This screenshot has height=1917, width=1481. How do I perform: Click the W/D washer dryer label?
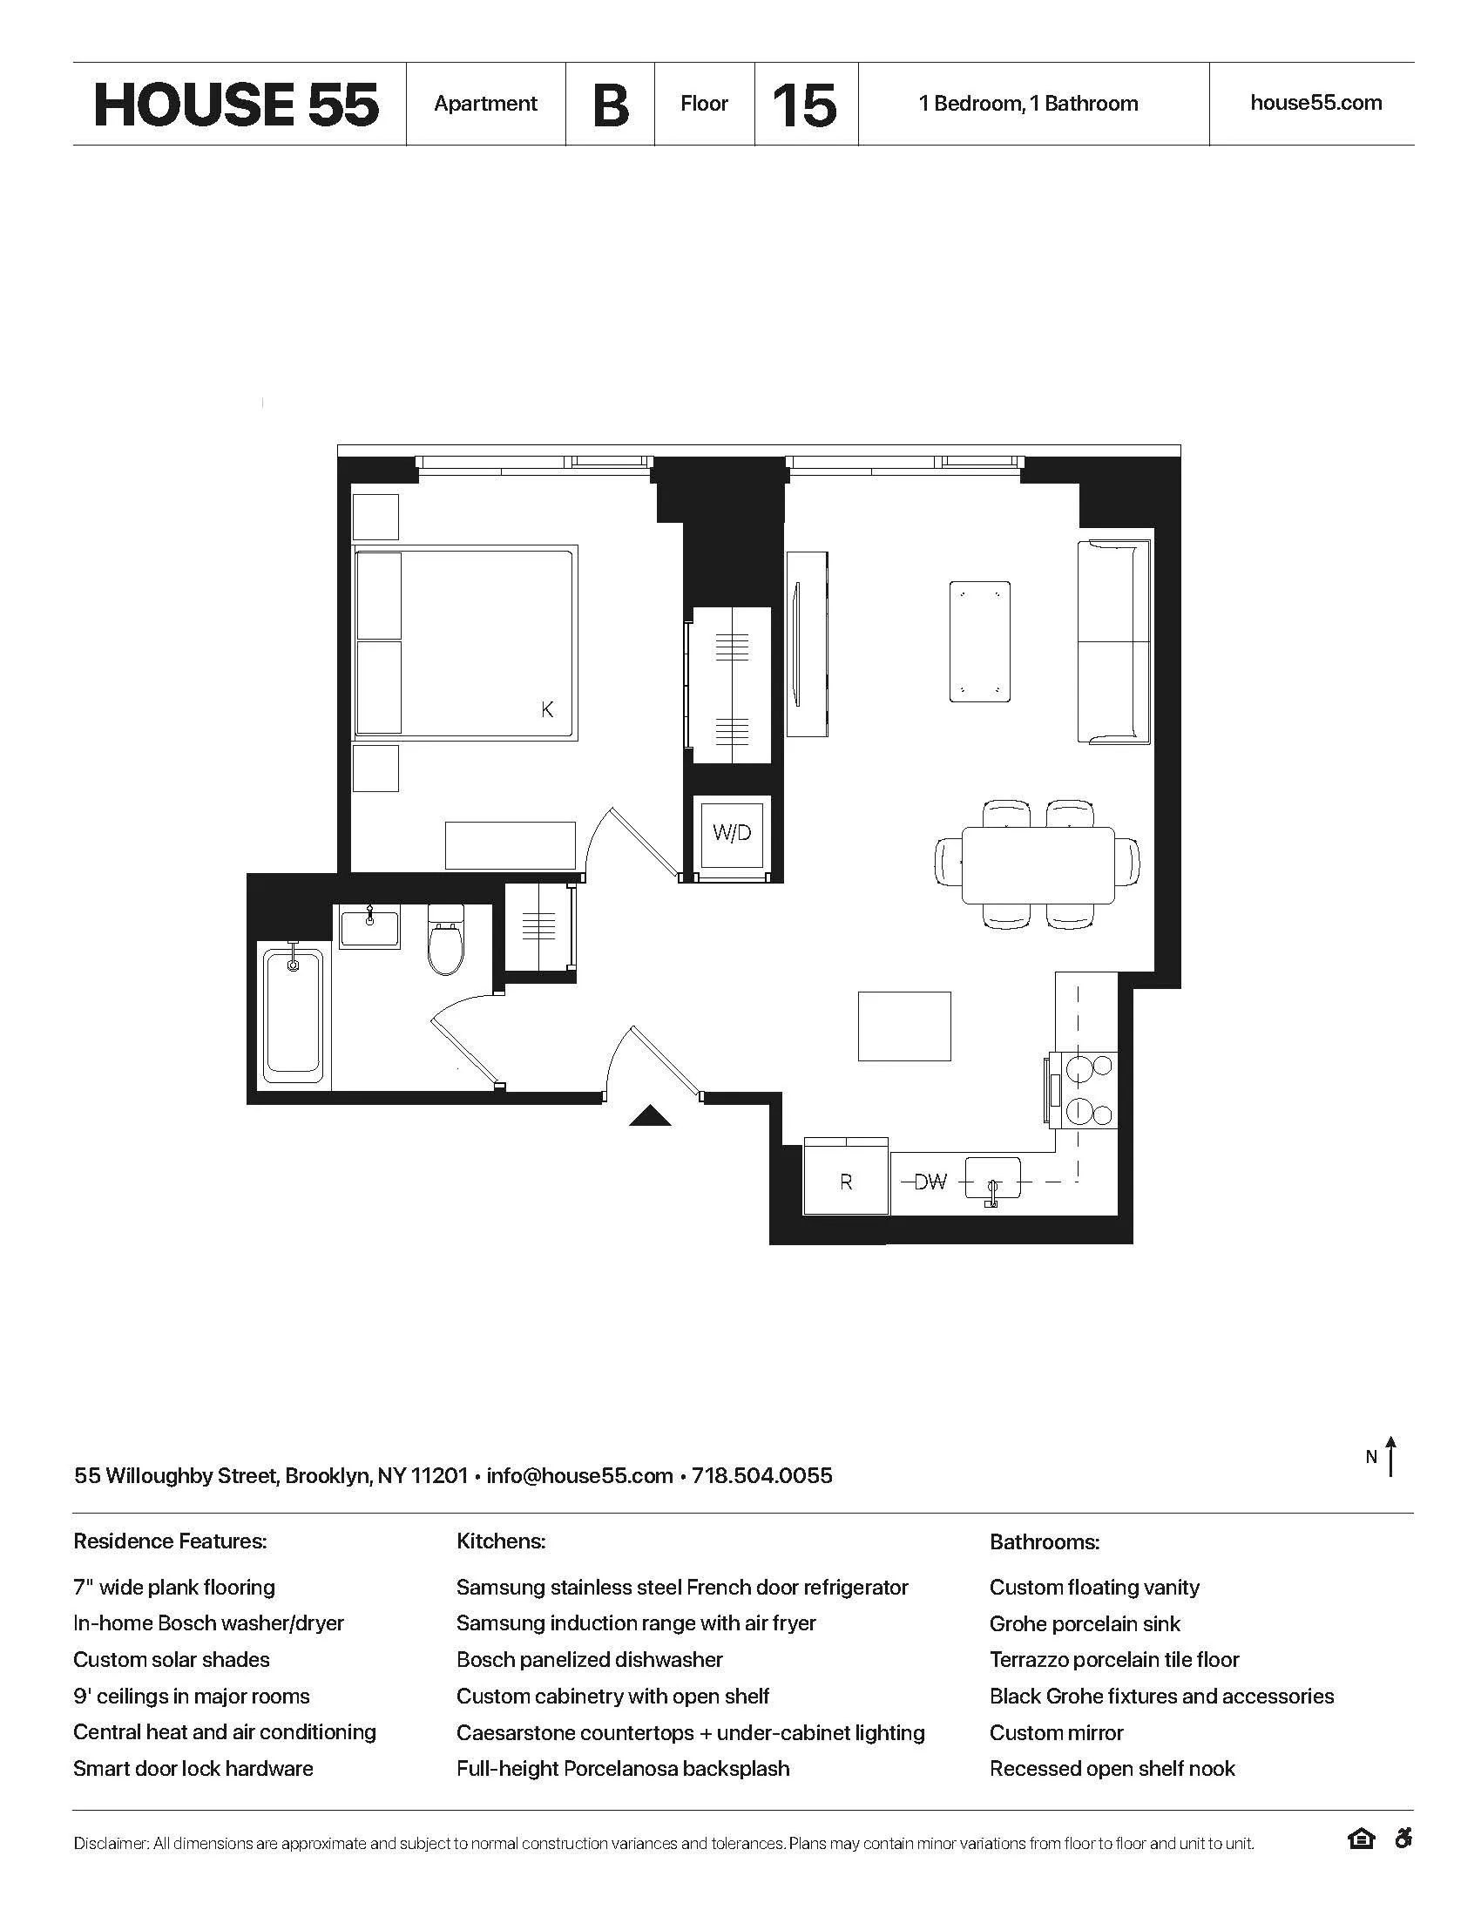pyautogui.click(x=732, y=832)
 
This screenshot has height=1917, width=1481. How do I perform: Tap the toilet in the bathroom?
pyautogui.click(x=446, y=941)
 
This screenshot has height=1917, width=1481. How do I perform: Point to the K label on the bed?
pyautogui.click(x=547, y=709)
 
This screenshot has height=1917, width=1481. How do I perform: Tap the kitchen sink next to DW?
pyautogui.click(x=993, y=1180)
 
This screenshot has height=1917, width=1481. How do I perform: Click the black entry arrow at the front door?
pyautogui.click(x=650, y=1115)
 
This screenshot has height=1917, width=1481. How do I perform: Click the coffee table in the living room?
pyautogui.click(x=979, y=641)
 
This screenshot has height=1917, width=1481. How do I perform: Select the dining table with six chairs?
pyautogui.click(x=1038, y=864)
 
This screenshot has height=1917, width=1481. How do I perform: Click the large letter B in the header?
pyautogui.click(x=611, y=105)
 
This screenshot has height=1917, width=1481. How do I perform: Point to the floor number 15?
pyautogui.click(x=804, y=105)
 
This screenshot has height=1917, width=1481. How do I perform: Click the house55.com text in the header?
pyautogui.click(x=1315, y=103)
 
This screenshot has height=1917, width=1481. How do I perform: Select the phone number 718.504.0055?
pyautogui.click(x=761, y=1475)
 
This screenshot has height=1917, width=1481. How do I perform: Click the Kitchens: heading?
pyautogui.click(x=501, y=1541)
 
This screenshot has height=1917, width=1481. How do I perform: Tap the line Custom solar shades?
pyautogui.click(x=171, y=1660)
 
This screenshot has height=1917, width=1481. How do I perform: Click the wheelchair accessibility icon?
pyautogui.click(x=1403, y=1838)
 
